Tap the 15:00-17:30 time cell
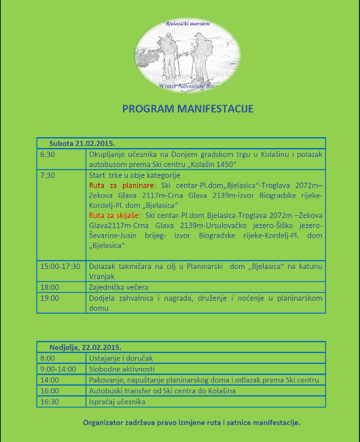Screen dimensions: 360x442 pyautogui.click(x=60, y=265)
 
